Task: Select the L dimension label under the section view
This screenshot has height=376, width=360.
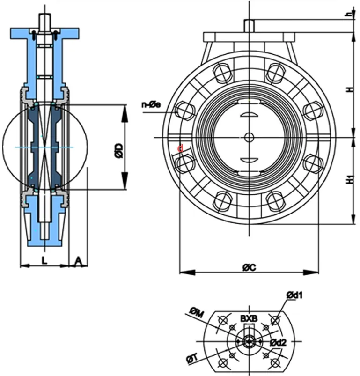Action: (x=44, y=261)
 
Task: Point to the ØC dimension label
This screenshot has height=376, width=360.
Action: (x=249, y=267)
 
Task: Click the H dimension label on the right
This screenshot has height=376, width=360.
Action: (x=348, y=90)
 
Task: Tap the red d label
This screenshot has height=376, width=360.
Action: (x=180, y=149)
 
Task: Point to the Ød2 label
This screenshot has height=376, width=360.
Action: (x=279, y=342)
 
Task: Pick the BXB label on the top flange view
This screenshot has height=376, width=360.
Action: (x=249, y=319)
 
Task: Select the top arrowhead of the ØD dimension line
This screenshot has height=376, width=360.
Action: (x=125, y=108)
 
